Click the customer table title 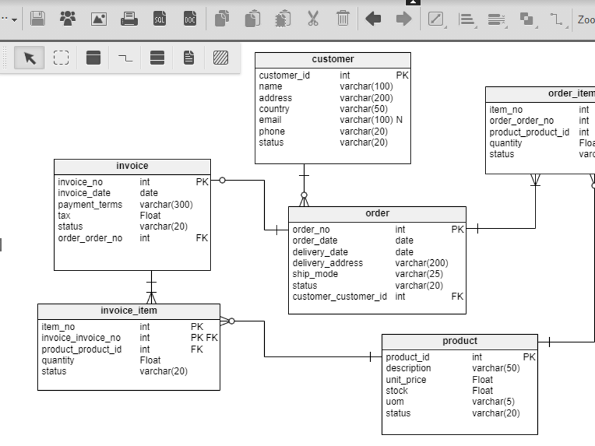tap(333, 59)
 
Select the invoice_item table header tap(129, 311)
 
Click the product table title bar tap(459, 341)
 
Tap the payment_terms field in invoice tap(90, 205)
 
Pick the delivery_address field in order tap(327, 263)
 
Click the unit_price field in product tap(406, 379)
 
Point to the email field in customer tap(270, 120)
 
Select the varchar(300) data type tap(166, 205)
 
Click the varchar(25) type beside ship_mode tap(419, 274)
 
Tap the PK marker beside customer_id tap(402, 76)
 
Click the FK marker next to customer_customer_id tap(457, 296)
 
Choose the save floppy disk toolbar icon tap(37, 19)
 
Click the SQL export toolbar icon tap(159, 19)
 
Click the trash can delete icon tap(343, 19)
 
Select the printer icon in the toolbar tap(129, 19)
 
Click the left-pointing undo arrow tap(373, 19)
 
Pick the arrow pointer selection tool tap(29, 58)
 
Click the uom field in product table tap(394, 402)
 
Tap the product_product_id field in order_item tap(529, 132)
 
